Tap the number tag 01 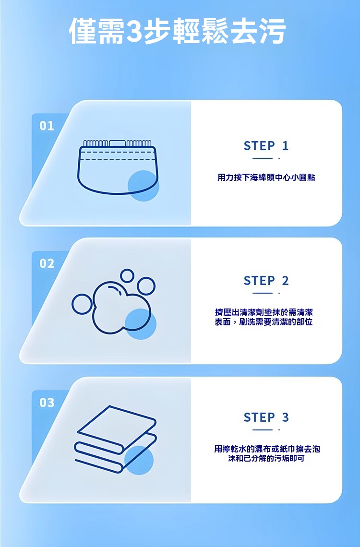pos(47,126)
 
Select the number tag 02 pos(47,263)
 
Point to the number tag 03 pos(47,403)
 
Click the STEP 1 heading pos(266,146)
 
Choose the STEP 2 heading pos(266,281)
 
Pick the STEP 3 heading pos(266,417)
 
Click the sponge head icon pos(118,167)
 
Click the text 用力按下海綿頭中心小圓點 pos(266,178)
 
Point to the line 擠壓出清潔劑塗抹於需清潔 pos(264,312)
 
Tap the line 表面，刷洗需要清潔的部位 pos(264,322)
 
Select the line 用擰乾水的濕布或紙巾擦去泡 pos(267,449)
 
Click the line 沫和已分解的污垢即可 pos(266,458)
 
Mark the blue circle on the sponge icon pos(144,186)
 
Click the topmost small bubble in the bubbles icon pos(127,276)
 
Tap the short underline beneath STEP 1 pos(263,158)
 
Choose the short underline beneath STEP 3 pos(263,430)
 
